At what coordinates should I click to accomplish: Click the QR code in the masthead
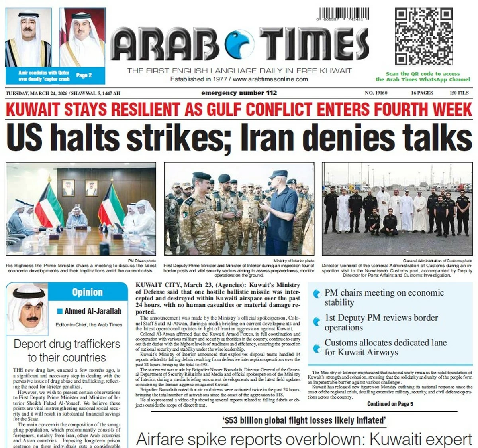(x=424, y=37)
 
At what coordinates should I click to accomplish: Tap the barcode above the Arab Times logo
(x=343, y=14)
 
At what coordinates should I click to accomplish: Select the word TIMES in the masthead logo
(x=315, y=45)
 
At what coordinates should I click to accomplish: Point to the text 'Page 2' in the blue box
(x=84, y=75)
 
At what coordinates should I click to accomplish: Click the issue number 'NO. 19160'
(x=376, y=93)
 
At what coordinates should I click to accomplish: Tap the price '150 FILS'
(x=459, y=93)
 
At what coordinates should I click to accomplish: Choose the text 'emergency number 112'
(x=239, y=93)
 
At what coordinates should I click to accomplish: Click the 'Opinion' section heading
(x=87, y=292)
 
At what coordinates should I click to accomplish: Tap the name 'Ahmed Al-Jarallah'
(x=93, y=311)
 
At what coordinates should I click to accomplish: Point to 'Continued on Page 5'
(x=390, y=404)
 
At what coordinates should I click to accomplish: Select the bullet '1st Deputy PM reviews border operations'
(x=381, y=322)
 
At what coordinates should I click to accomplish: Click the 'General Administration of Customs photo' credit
(x=437, y=261)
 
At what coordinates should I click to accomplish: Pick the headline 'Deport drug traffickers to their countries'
(x=67, y=351)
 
